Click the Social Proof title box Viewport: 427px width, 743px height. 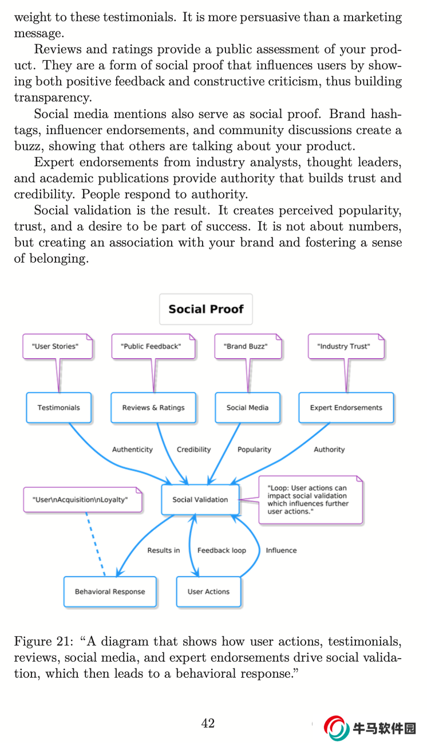pos(205,309)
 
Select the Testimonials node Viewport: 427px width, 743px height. pos(58,408)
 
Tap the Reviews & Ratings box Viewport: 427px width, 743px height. pos(153,408)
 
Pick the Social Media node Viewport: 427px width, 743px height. pos(247,408)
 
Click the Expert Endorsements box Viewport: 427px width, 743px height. pos(346,408)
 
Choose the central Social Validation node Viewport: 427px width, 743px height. pos(200,499)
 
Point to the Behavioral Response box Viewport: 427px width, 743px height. pos(110,592)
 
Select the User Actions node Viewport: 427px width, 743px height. pos(208,592)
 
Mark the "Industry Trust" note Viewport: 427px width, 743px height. pos(343,346)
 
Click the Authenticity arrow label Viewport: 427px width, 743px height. pos(132,449)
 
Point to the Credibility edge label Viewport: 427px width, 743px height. pos(193,449)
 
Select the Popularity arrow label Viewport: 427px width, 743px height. pos(254,449)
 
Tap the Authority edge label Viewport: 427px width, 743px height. pos(329,449)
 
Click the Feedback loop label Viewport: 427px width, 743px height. pos(222,550)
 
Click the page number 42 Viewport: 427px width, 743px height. pos(208,724)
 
